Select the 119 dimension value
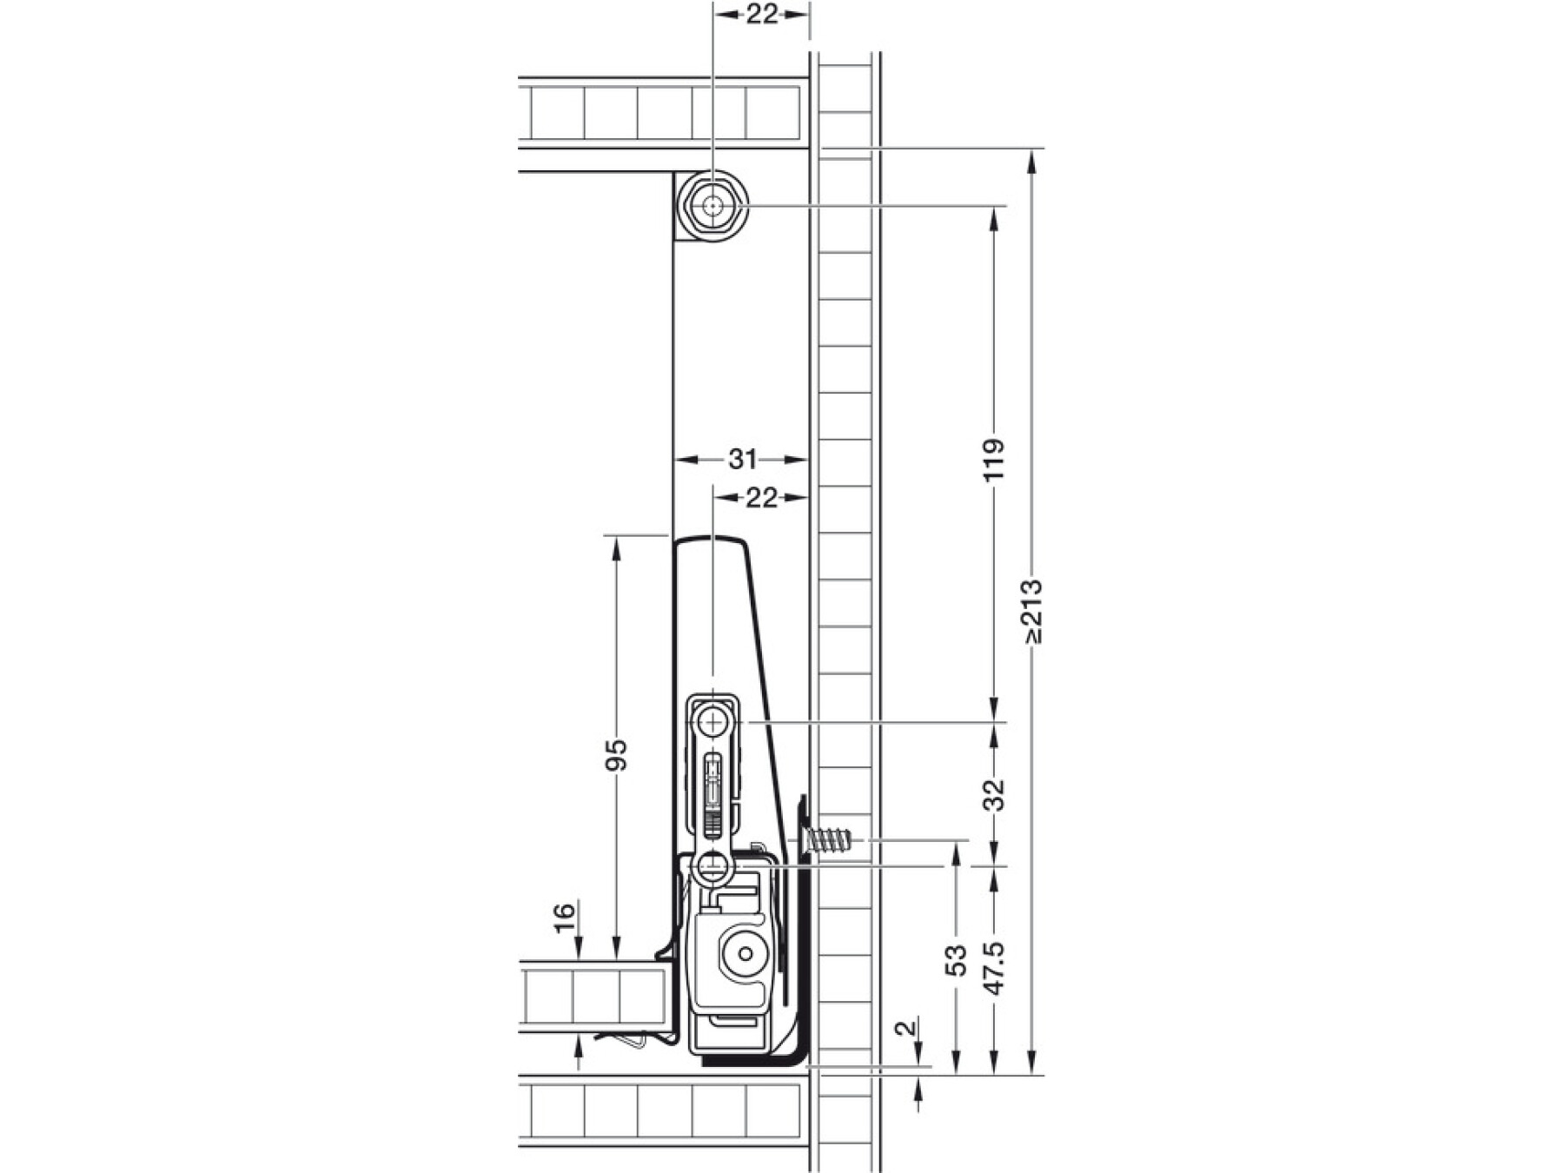(996, 460)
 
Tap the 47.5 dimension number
(996, 968)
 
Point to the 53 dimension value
(957, 960)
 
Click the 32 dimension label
(996, 795)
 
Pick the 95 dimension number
(615, 755)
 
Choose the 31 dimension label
(742, 459)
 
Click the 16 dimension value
(565, 918)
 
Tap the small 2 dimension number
(906, 1028)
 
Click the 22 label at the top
(761, 14)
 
